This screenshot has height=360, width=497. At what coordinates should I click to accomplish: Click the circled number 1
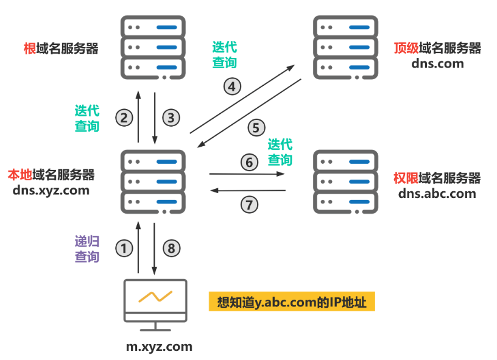(124, 248)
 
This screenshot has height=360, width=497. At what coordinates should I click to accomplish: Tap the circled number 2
(124, 118)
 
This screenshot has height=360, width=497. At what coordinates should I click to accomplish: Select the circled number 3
(171, 118)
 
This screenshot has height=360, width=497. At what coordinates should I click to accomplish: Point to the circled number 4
(231, 86)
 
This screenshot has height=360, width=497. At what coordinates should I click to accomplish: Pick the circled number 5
(256, 128)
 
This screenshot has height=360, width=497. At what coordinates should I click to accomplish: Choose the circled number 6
(248, 163)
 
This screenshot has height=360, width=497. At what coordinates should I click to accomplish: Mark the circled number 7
(248, 205)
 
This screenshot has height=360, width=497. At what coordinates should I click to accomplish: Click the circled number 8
(171, 248)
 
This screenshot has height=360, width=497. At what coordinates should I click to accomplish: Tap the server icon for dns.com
(344, 48)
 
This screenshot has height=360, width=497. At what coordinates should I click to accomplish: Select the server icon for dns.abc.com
(344, 182)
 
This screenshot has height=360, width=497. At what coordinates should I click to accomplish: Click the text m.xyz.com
(159, 347)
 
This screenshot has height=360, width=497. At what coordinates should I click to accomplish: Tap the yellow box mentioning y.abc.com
(291, 302)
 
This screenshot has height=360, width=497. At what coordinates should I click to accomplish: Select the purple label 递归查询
(86, 249)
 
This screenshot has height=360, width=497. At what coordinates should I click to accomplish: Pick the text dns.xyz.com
(51, 190)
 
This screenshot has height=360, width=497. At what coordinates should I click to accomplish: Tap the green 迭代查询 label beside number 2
(86, 118)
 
